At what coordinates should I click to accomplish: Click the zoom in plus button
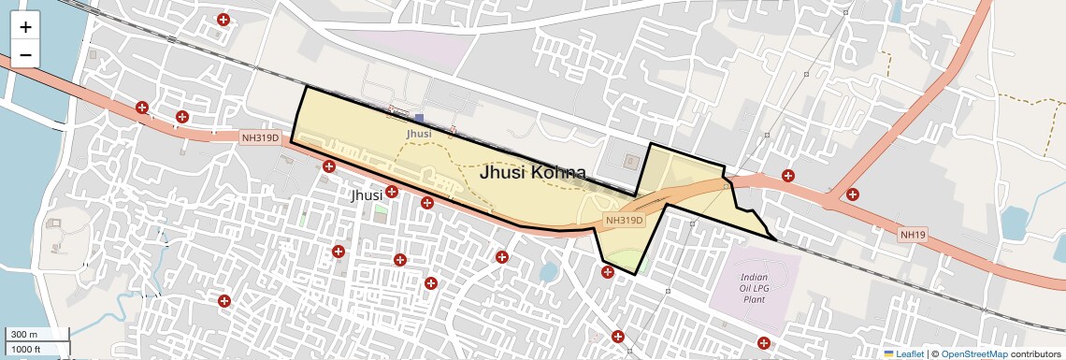[x=25, y=27]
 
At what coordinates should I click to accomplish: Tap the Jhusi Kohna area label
[x=532, y=173]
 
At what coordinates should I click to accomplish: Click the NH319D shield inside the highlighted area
[x=625, y=221]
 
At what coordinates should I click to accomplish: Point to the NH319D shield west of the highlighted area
[x=261, y=137]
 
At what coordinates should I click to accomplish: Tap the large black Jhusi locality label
[x=366, y=196]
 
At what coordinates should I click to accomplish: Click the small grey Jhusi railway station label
[x=419, y=135]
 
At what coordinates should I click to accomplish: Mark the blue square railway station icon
[x=420, y=119]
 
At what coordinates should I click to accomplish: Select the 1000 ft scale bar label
[x=26, y=350]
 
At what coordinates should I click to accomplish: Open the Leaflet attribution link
[x=904, y=354]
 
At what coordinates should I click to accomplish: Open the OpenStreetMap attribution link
[x=973, y=354]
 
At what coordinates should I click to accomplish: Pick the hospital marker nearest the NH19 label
[x=853, y=194]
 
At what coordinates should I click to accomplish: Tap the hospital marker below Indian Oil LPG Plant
[x=765, y=342]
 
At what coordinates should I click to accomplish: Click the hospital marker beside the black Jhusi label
[x=392, y=192]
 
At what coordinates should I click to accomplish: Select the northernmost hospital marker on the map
[x=223, y=20]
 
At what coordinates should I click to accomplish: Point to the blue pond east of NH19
[x=1014, y=223]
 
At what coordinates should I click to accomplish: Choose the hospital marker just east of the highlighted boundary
[x=788, y=175]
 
